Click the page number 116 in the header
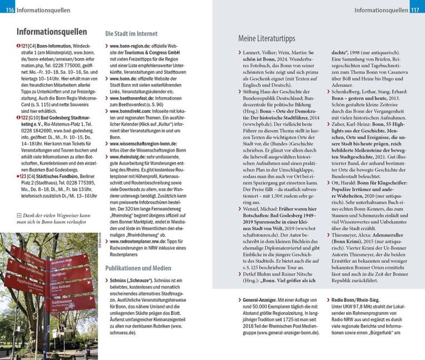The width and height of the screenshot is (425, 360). coord(8,10)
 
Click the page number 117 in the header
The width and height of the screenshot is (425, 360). coord(416,10)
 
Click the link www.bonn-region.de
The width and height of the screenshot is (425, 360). coord(132,46)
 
